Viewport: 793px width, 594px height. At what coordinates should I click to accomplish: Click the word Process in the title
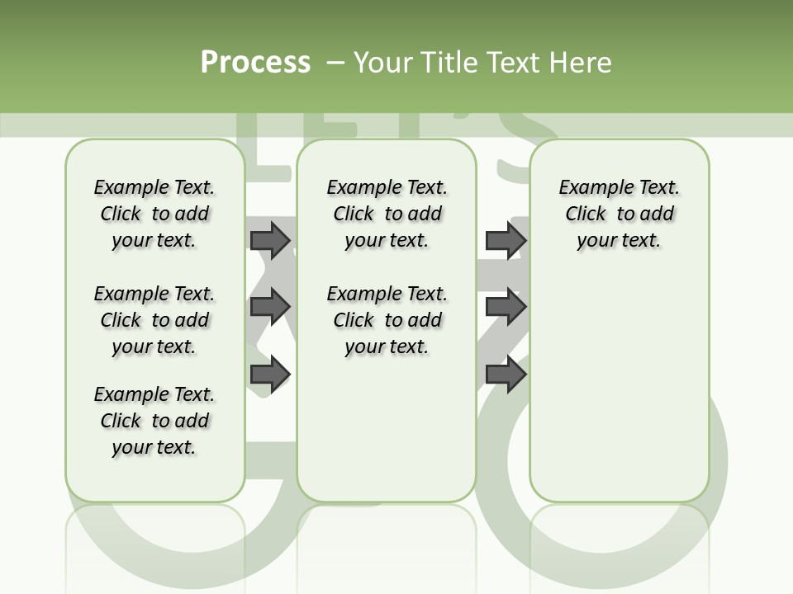[255, 62]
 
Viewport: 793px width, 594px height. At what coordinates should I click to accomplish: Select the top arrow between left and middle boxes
[270, 240]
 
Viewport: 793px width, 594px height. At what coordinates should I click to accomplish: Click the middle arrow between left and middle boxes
[270, 307]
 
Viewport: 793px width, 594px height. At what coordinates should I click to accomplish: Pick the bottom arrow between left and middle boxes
[270, 374]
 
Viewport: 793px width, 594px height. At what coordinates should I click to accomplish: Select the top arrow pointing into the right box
[506, 240]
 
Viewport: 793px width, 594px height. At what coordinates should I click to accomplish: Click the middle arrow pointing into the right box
[506, 307]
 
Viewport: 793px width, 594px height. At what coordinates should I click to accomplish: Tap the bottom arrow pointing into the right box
[506, 374]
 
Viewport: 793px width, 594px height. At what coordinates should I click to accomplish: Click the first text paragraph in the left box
[154, 214]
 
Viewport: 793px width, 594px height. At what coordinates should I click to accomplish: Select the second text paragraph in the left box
[154, 320]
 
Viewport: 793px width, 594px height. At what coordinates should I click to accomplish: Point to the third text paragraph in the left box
[154, 421]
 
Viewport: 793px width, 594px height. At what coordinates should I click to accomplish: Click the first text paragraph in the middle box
[387, 214]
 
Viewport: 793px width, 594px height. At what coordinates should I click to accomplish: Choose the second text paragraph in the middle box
[387, 320]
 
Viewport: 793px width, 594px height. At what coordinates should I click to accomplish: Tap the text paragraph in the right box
[620, 214]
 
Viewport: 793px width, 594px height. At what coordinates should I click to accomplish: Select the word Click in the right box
[586, 214]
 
